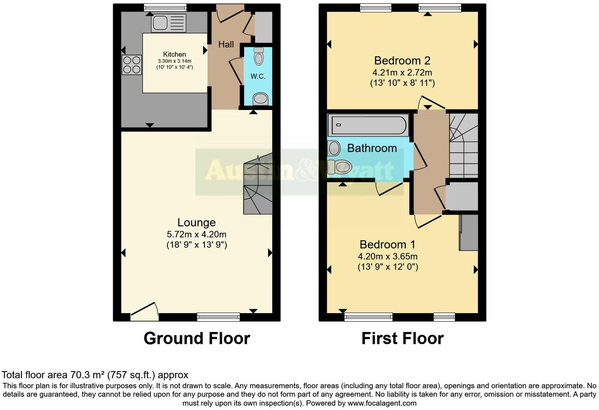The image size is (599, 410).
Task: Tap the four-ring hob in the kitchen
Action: pyautogui.click(x=132, y=65)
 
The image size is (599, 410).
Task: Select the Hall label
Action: pyautogui.click(x=226, y=45)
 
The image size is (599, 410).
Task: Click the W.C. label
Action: pyautogui.click(x=258, y=76)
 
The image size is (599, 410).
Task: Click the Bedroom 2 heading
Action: pyautogui.click(x=402, y=61)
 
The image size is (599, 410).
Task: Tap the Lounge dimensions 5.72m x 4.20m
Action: pyautogui.click(x=197, y=234)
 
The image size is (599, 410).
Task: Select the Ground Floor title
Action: pyautogui.click(x=197, y=338)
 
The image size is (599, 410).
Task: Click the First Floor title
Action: pyautogui.click(x=402, y=338)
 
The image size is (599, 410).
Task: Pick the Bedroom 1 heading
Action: pyautogui.click(x=387, y=245)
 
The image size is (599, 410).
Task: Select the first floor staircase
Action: pyautogui.click(x=464, y=145)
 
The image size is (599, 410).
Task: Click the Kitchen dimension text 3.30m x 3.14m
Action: pyautogui.click(x=175, y=61)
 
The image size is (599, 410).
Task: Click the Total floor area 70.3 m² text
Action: pyautogui.click(x=95, y=375)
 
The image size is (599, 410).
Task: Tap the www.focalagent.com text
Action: pyautogui.click(x=381, y=403)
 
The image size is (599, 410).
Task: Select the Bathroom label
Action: pyautogui.click(x=372, y=148)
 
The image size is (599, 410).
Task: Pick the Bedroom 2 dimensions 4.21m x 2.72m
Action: pyautogui.click(x=402, y=72)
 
